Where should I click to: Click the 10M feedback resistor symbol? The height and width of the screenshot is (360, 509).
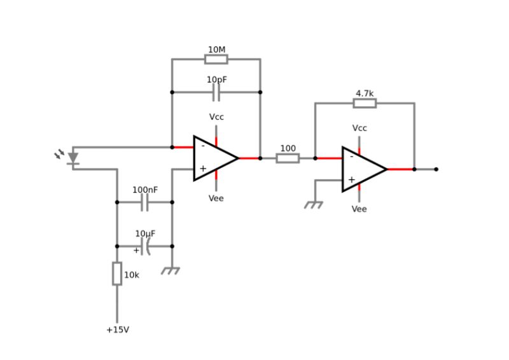click(216, 59)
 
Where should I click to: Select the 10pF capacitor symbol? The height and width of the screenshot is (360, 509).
click(216, 93)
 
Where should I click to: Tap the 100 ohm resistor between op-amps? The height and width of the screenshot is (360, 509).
click(288, 158)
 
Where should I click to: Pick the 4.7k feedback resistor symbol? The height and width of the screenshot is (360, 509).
click(365, 103)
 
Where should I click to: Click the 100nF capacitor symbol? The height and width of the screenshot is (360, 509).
click(144, 202)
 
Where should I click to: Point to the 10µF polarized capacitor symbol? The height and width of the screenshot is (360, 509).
click(145, 246)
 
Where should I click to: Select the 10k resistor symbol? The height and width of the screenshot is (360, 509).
click(117, 273)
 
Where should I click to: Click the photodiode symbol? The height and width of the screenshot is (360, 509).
click(73, 157)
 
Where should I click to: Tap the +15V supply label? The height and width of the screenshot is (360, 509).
click(118, 330)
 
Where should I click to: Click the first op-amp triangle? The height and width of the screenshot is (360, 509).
click(214, 158)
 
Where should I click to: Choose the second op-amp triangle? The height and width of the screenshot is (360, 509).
click(362, 169)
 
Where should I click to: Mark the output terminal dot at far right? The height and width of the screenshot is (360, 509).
click(436, 169)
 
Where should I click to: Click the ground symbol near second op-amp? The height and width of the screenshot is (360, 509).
click(314, 205)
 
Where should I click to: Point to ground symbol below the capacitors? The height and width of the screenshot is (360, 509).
click(171, 271)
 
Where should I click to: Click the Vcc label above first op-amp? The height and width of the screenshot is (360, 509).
click(216, 117)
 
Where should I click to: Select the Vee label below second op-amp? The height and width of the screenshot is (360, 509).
click(359, 209)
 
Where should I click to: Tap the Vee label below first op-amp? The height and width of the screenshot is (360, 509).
click(216, 198)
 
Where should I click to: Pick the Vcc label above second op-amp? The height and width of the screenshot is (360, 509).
click(359, 128)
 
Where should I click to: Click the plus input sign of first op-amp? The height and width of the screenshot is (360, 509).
click(203, 169)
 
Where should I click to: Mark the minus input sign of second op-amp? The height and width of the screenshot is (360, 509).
click(351, 158)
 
